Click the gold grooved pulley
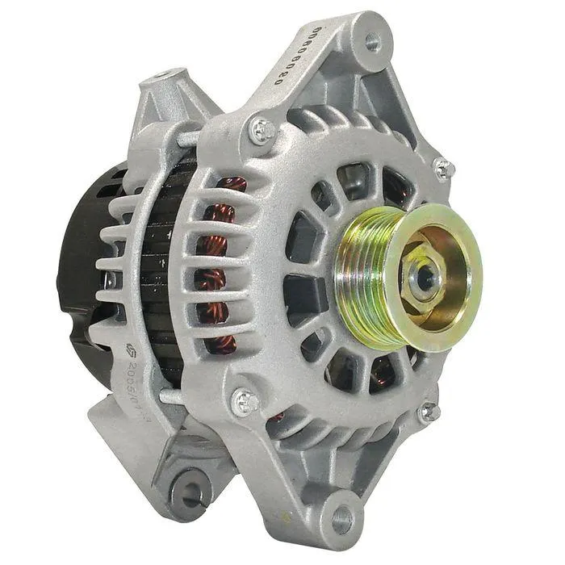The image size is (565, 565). point(363,274)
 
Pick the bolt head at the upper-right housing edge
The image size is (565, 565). point(442,169)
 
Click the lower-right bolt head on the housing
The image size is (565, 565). point(429,412)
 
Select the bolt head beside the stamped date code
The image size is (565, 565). point(244,400)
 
